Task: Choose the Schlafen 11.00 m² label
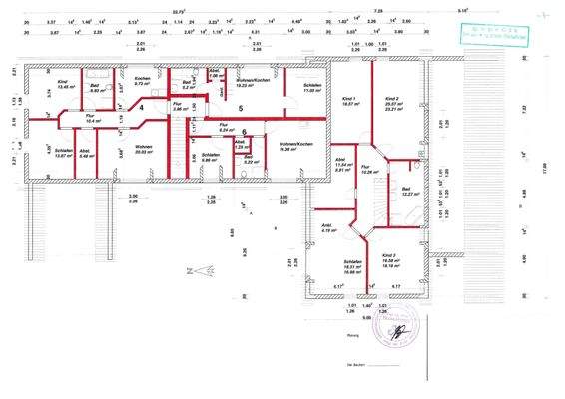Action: tap(312, 89)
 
